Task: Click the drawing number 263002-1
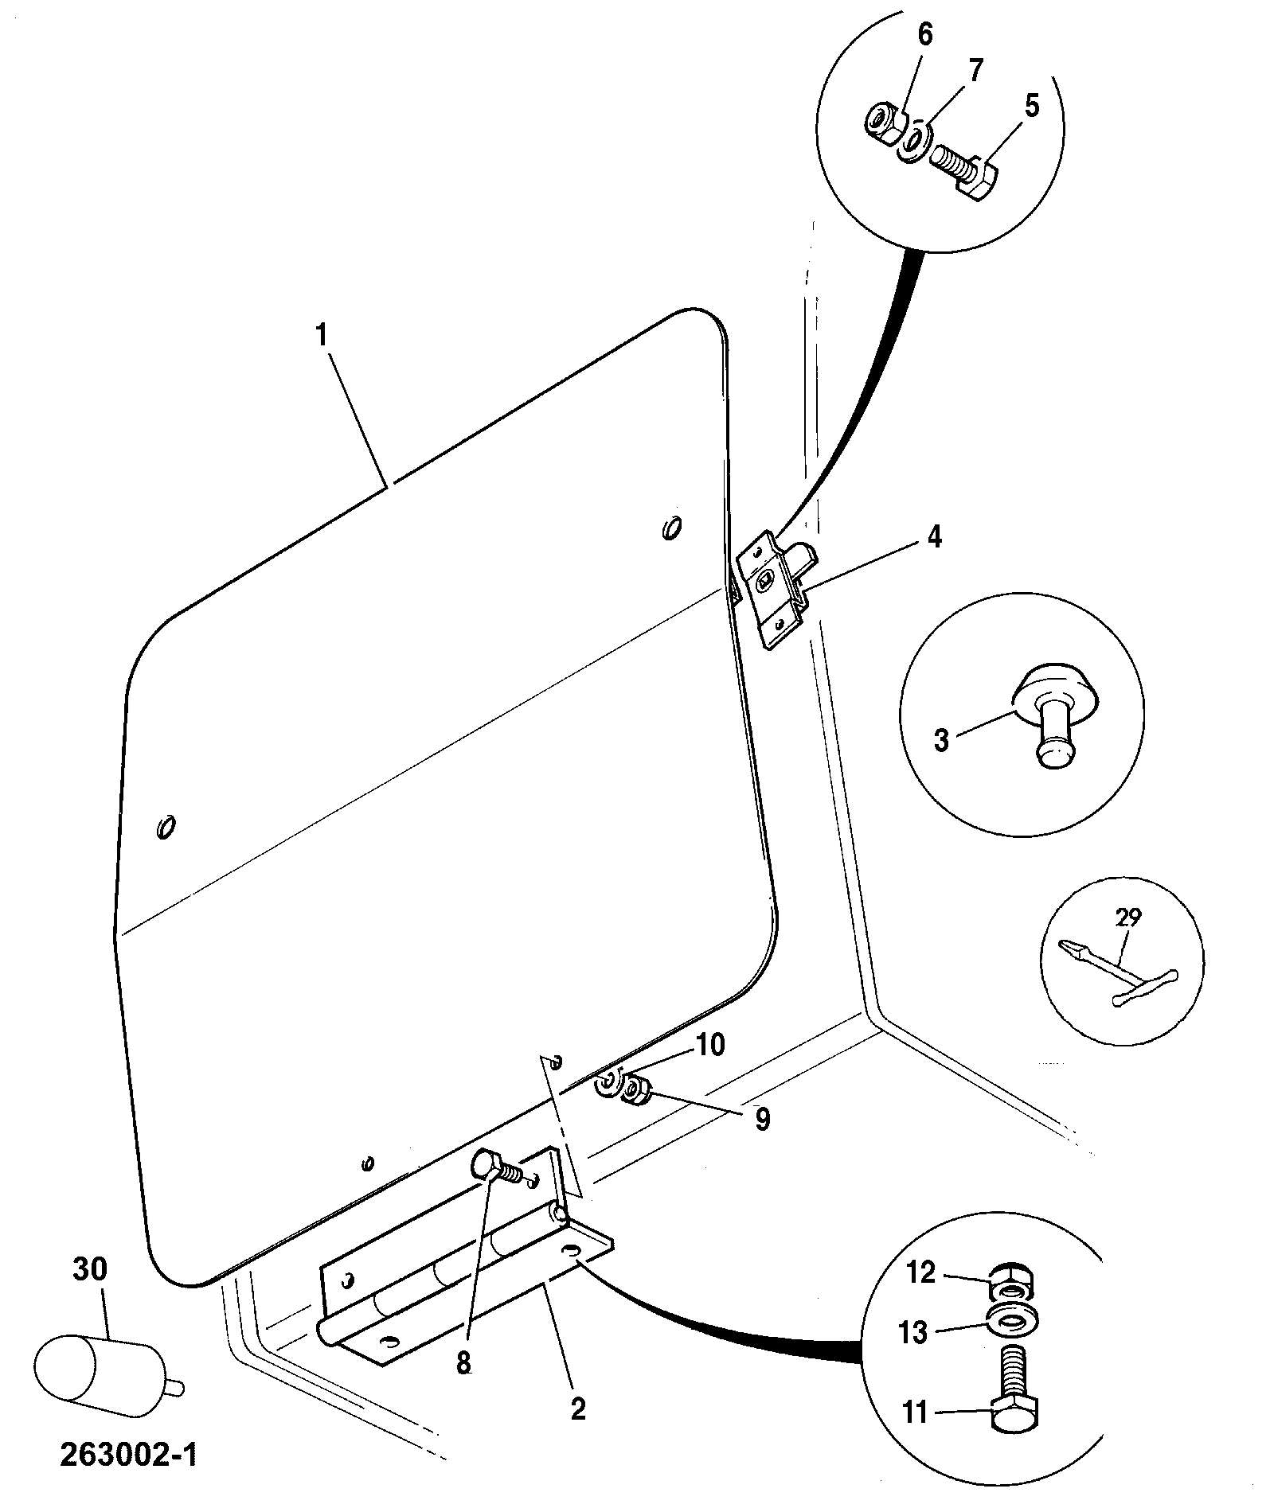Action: pyautogui.click(x=128, y=1455)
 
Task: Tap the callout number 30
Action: pyautogui.click(x=89, y=1268)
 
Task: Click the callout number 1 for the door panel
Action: pyautogui.click(x=321, y=335)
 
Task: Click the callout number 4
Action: pyautogui.click(x=935, y=538)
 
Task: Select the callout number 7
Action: pyautogui.click(x=975, y=70)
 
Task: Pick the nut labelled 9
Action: pyautogui.click(x=636, y=1089)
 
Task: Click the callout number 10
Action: pyautogui.click(x=710, y=1045)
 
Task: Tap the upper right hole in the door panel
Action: pyautogui.click(x=671, y=527)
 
